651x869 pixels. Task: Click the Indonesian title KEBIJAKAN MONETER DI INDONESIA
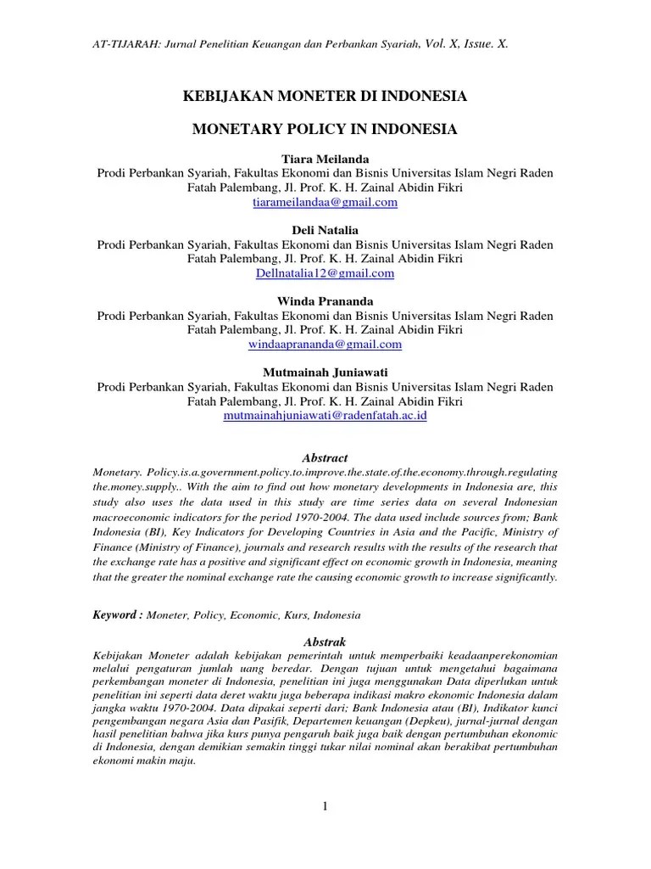(325, 98)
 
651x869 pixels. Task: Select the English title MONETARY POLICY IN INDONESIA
(325, 129)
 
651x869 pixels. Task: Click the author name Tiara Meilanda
(325, 159)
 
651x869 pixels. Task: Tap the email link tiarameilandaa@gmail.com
(325, 203)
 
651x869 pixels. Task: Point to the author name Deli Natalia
(325, 230)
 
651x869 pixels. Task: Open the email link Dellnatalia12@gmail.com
(325, 273)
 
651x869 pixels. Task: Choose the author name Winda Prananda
(325, 301)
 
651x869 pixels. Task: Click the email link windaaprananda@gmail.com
(325, 345)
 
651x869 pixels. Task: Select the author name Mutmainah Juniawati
(325, 373)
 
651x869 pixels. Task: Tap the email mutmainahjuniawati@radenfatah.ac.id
(325, 416)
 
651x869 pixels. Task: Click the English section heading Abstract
(325, 457)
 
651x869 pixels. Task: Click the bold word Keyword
(115, 614)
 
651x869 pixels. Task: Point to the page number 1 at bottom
(325, 806)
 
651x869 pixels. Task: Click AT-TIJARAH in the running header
(122, 43)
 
